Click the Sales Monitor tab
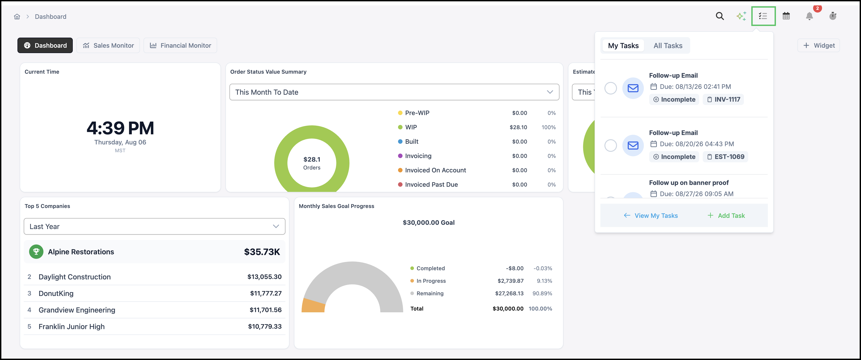[108, 45]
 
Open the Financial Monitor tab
[180, 45]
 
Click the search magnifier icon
[720, 16]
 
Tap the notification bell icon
[809, 16]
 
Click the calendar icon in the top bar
[786, 16]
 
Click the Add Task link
[726, 216]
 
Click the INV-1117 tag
[723, 99]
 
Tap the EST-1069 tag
[725, 157]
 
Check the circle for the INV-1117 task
[611, 88]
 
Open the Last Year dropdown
[154, 226]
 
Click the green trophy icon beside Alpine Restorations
[36, 252]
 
